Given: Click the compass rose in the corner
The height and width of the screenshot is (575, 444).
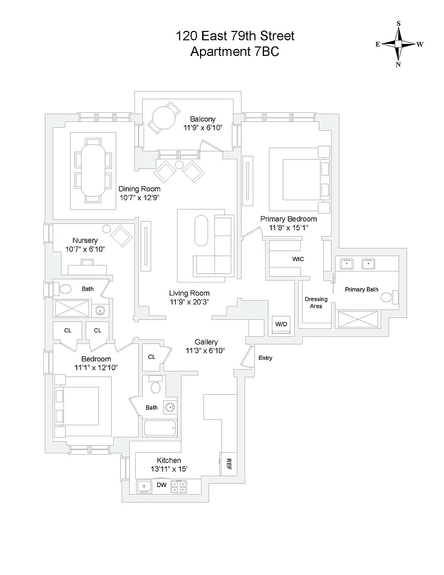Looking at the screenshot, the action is point(399,44).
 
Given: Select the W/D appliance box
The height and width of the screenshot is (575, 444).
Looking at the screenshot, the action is point(281,324).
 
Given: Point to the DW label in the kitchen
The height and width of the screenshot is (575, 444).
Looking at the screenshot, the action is point(162,485).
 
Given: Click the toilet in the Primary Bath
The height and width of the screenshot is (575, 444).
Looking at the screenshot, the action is point(387,297).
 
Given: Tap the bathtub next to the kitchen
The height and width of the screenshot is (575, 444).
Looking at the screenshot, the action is point(160,428).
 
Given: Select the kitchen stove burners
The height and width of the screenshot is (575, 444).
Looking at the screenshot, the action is point(179,486).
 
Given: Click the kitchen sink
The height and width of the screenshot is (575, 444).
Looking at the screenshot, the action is point(145,486).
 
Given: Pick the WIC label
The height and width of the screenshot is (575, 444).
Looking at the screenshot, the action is point(298,259).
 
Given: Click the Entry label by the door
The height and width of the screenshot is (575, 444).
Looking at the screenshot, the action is point(265,358).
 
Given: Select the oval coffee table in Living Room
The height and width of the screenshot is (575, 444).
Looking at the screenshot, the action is point(202,231).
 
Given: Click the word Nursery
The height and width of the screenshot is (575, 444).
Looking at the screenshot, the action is point(85,240).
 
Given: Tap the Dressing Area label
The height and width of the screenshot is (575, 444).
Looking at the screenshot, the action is point(316,302).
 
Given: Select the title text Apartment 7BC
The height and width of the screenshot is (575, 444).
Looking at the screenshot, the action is point(234,51).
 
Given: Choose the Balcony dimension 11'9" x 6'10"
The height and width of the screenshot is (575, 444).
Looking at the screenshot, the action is point(203,128).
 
